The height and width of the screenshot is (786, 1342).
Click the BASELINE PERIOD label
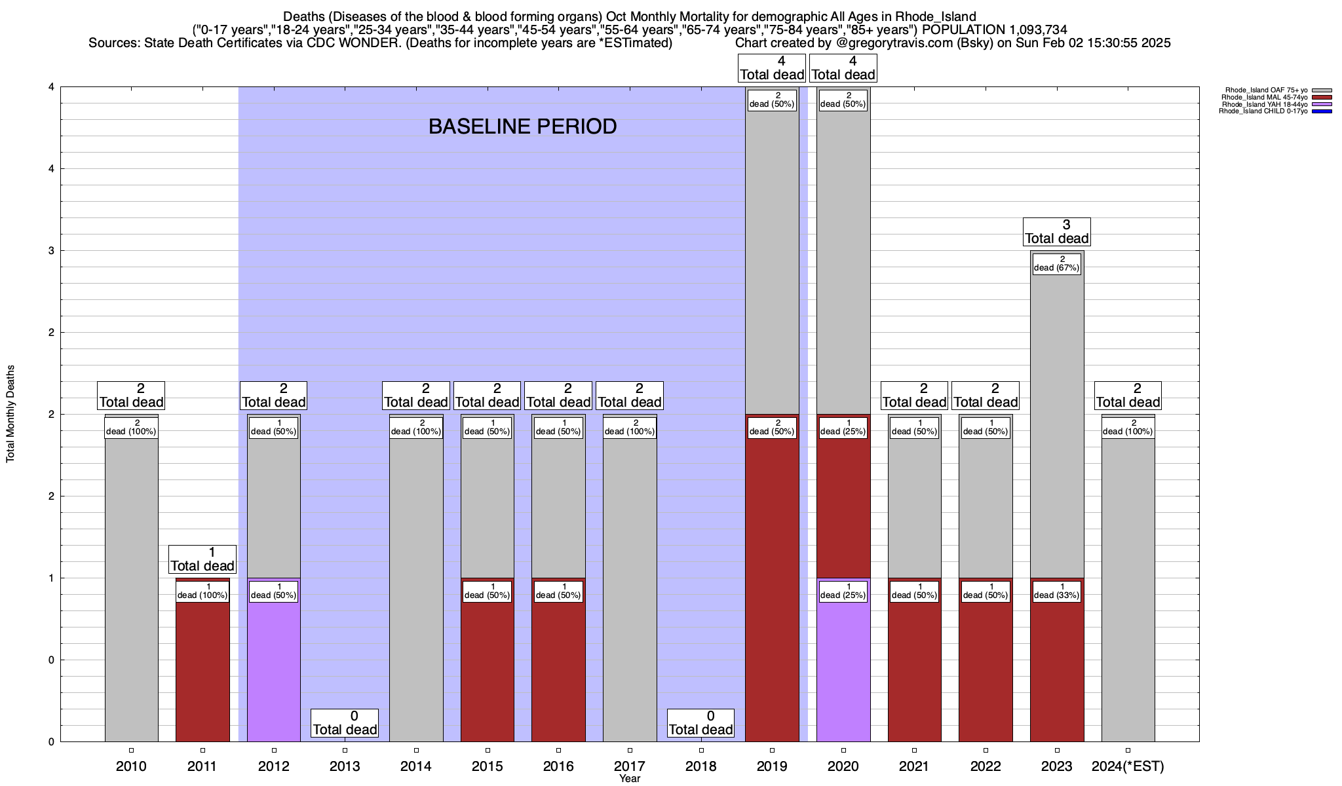(x=522, y=126)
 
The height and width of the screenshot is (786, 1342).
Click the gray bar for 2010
(x=131, y=589)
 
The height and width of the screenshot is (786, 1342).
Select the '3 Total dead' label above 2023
(x=1057, y=232)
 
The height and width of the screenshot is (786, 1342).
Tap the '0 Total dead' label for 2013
(x=345, y=723)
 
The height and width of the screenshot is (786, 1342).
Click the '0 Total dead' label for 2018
(x=701, y=723)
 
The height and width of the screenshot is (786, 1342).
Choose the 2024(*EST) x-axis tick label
(x=1128, y=766)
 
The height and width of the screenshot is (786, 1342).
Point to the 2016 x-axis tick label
(x=558, y=766)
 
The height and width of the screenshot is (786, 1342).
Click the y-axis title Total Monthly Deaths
(x=10, y=414)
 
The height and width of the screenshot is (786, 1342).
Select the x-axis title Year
(x=630, y=779)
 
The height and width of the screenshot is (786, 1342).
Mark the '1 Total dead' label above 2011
(x=202, y=559)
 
